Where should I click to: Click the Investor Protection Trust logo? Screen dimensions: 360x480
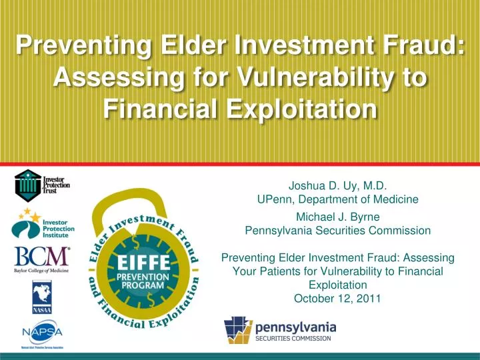(x=41, y=185)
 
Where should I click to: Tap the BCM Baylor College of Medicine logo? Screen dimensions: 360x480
(x=41, y=260)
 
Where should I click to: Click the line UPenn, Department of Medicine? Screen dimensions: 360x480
(x=337, y=199)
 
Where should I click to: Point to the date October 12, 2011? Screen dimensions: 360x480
(x=337, y=298)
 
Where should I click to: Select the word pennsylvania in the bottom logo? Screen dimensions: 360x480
(x=295, y=327)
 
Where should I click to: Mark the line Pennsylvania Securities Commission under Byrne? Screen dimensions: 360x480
(x=337, y=231)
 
